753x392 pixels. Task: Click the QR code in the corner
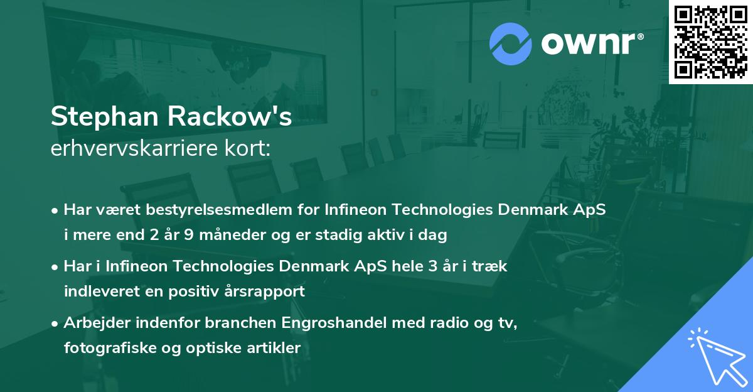(710, 41)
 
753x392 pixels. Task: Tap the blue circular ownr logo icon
(511, 44)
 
